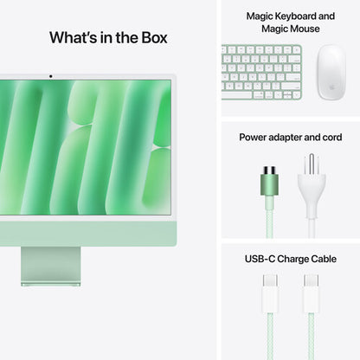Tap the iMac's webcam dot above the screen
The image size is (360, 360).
51,76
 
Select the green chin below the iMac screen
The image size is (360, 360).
87,231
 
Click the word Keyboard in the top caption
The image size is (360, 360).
307,16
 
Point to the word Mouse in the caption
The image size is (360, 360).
304,29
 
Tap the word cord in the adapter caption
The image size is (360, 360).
331,137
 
